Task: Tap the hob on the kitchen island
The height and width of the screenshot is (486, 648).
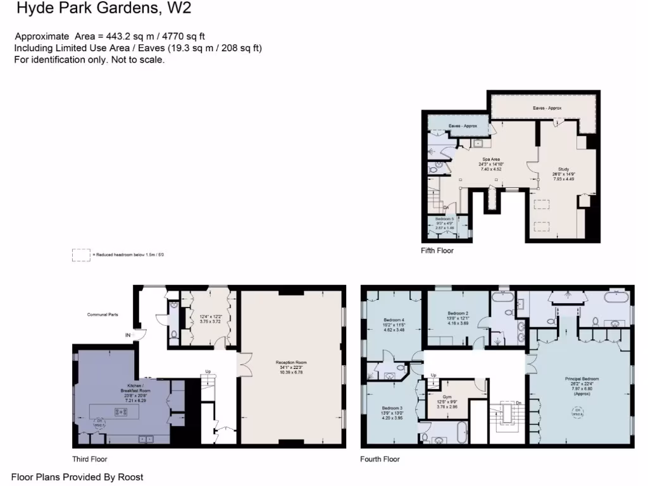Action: [118, 412]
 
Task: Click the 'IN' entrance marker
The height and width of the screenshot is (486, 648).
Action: [128, 335]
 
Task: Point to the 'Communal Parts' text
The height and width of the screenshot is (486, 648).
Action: [102, 314]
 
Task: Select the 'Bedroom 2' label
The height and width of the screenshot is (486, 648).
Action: [458, 313]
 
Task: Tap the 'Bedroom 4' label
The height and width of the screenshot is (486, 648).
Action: [394, 320]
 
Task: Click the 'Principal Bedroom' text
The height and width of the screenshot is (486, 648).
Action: [582, 379]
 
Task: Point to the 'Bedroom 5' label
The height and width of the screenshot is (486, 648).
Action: [445, 219]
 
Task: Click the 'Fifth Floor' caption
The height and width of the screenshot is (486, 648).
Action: [437, 251]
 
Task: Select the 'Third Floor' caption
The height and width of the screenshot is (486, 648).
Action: [90, 459]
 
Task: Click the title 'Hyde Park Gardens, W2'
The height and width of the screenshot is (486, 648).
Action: [103, 9]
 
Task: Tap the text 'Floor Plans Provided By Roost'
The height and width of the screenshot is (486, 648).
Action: [77, 477]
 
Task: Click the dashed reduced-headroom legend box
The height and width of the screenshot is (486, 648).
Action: [81, 254]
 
